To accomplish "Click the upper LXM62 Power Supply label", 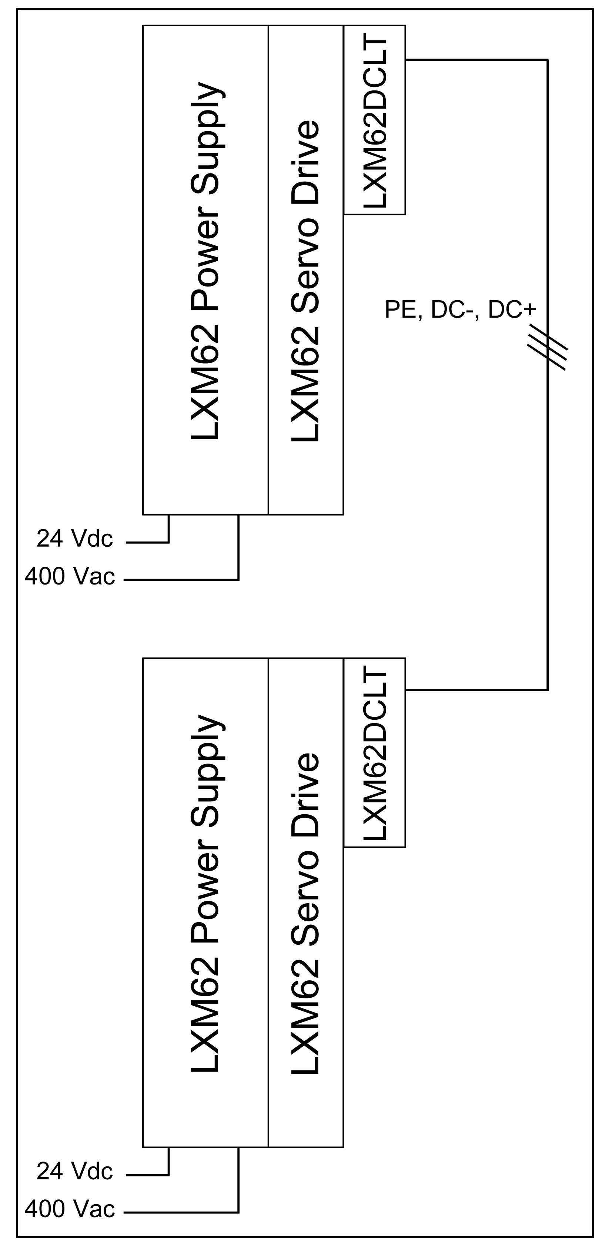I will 206,261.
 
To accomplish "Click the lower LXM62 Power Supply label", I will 206,893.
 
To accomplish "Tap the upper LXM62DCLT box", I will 375,120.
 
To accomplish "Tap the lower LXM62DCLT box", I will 375,752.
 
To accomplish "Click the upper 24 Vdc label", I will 75,539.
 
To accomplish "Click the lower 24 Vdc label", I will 75,1171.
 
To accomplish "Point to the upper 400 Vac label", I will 70,576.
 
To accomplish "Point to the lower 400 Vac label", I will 70,1209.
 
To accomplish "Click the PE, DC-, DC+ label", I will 460,309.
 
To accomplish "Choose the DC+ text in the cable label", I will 512,309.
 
